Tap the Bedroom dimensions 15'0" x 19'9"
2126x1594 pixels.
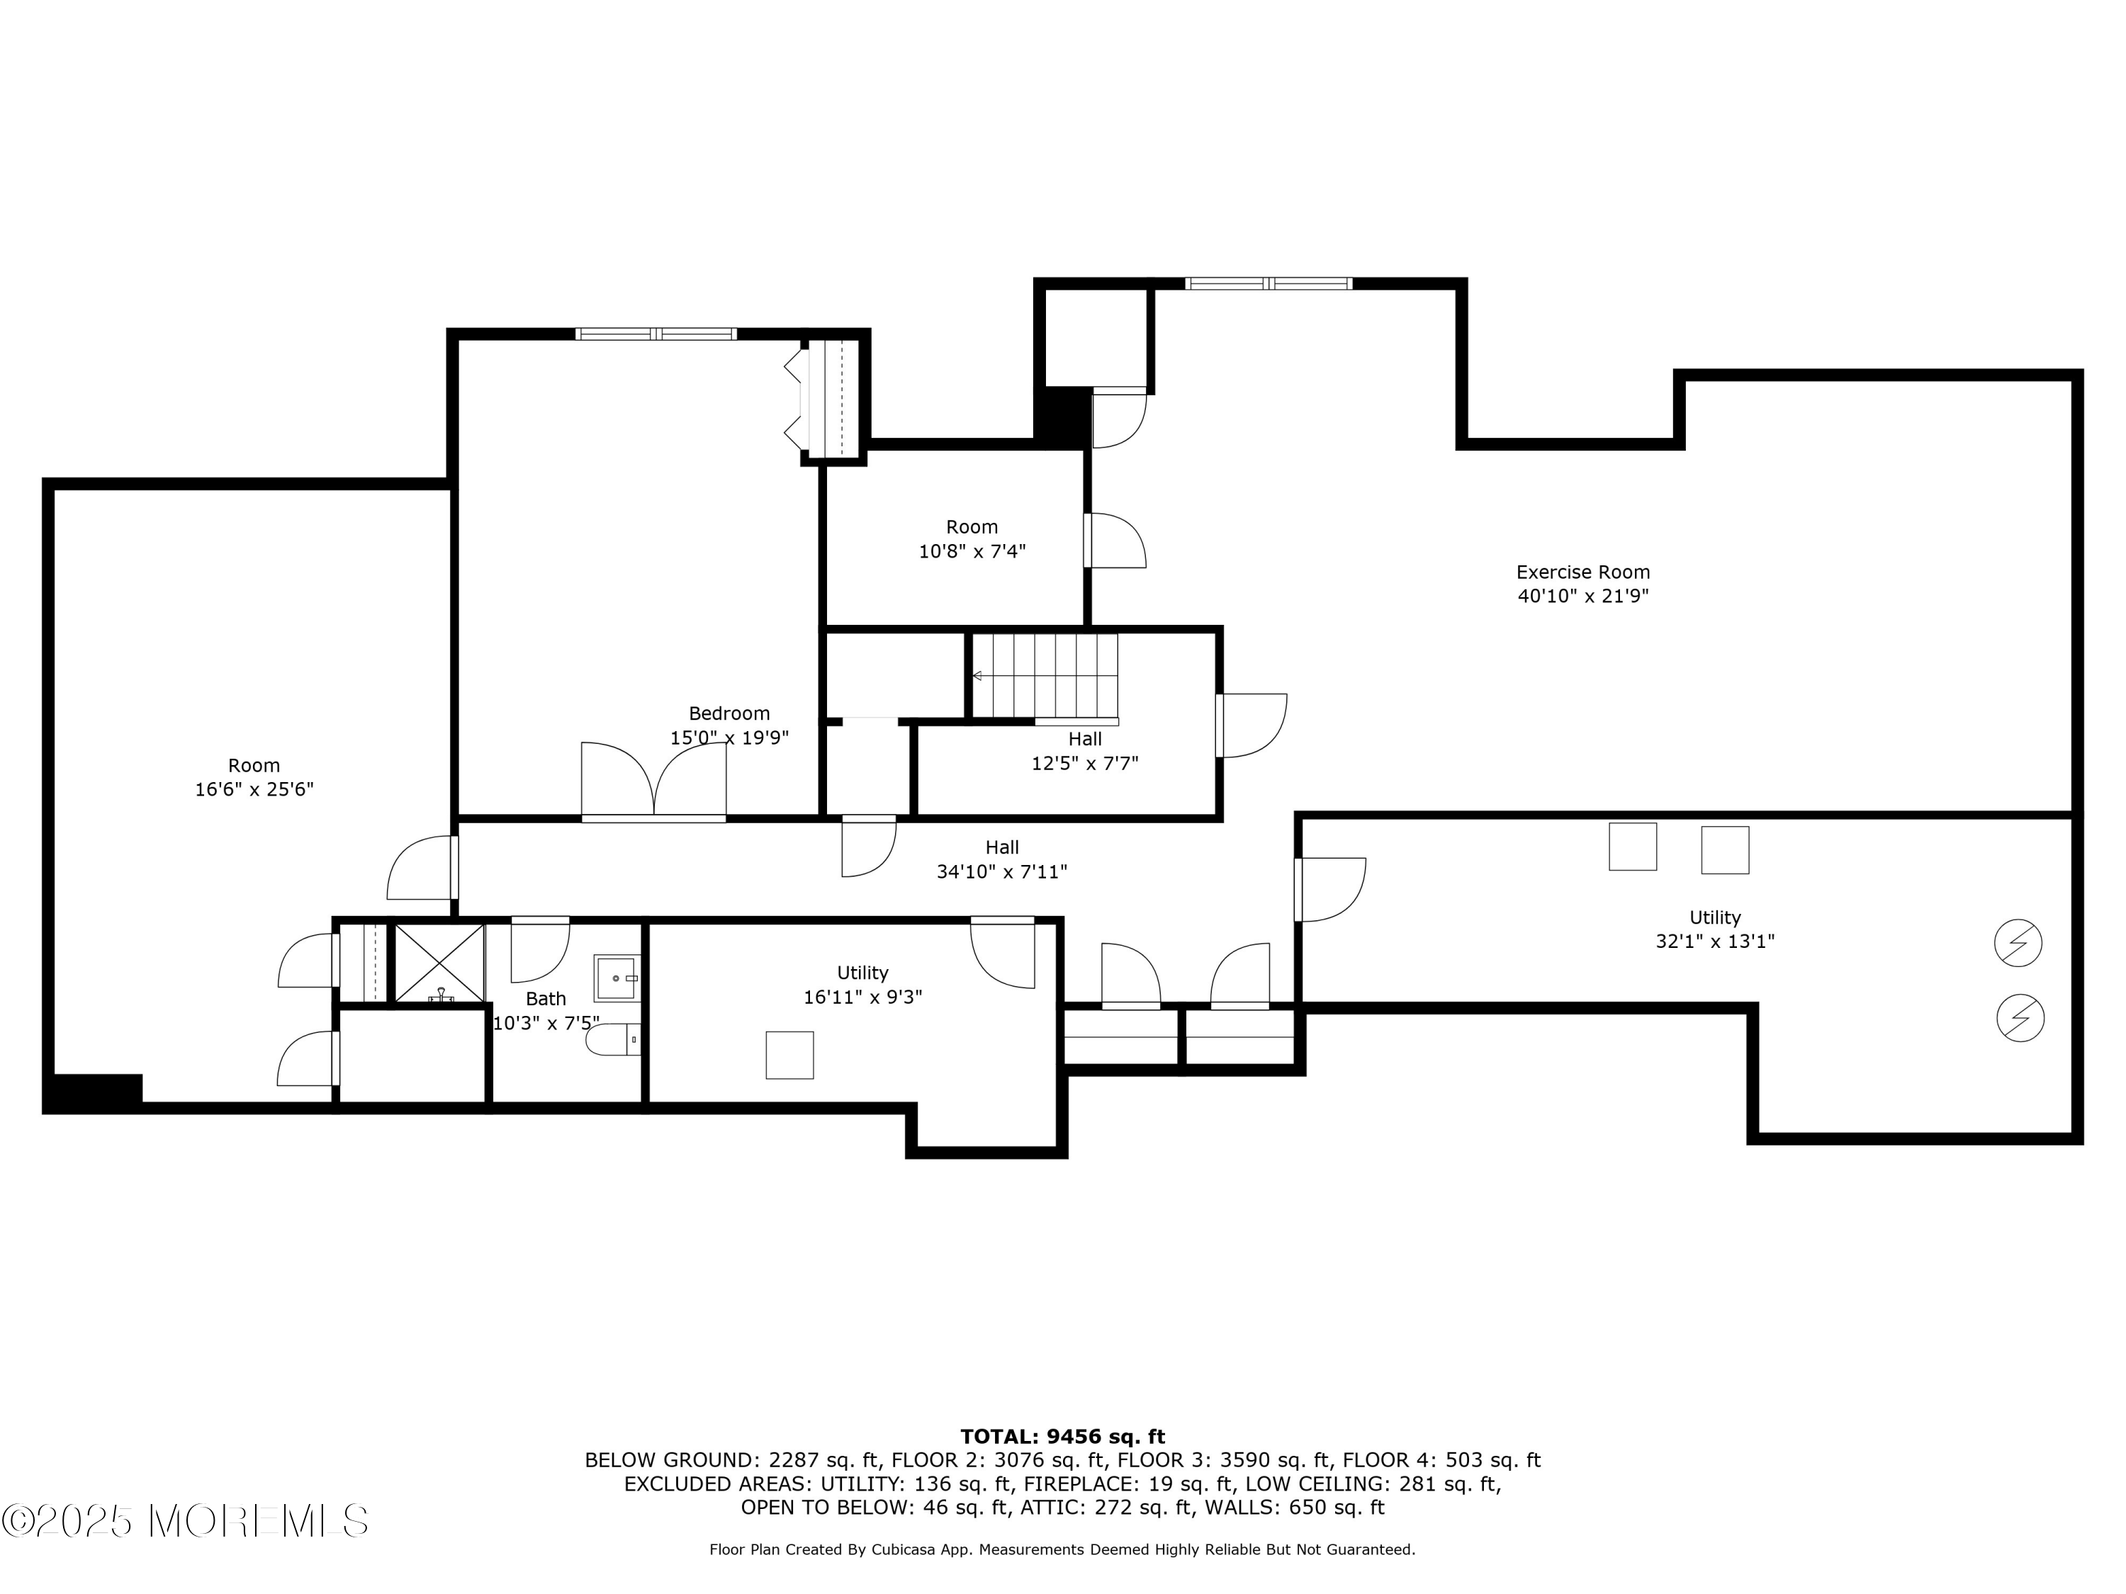click(x=729, y=738)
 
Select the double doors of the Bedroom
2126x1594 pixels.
click(x=653, y=780)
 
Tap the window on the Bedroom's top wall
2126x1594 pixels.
click(x=656, y=334)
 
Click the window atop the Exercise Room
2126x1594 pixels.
click(x=1269, y=283)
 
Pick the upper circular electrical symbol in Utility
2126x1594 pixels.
click(x=2018, y=944)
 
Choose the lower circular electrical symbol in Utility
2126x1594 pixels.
click(x=2020, y=1017)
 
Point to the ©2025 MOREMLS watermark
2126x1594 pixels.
click(x=184, y=1521)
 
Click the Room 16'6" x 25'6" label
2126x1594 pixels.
click(x=254, y=777)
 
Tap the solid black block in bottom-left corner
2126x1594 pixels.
click(x=94, y=1092)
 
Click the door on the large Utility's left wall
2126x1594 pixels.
click(x=1330, y=890)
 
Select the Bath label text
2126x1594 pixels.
click(x=546, y=999)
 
